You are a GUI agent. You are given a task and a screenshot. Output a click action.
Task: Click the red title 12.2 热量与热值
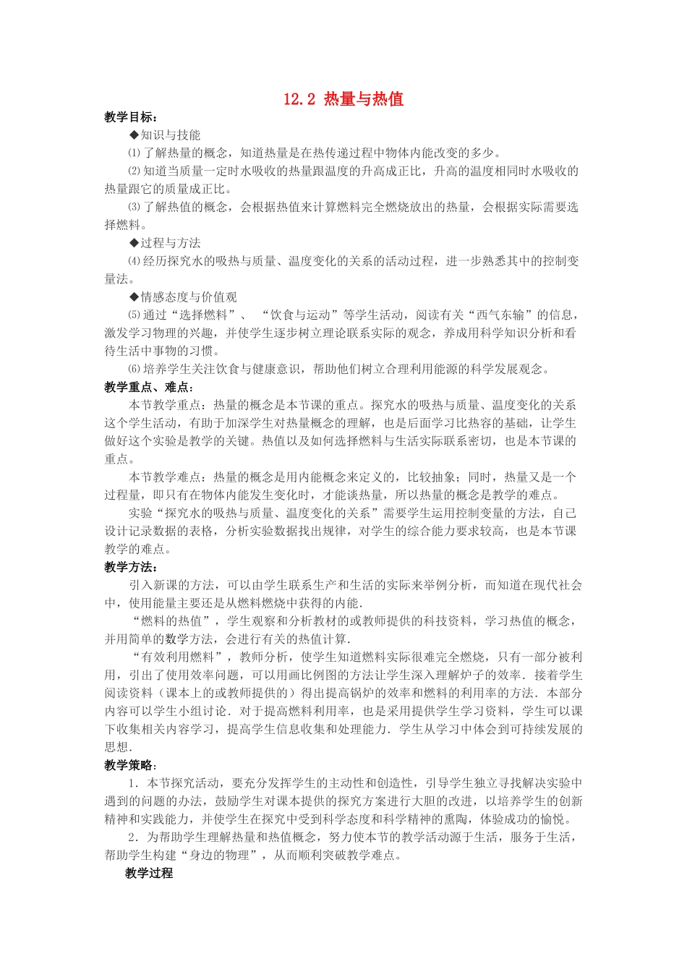point(343,99)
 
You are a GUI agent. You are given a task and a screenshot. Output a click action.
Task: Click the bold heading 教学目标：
point(131,117)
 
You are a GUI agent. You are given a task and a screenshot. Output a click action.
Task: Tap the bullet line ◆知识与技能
point(165,135)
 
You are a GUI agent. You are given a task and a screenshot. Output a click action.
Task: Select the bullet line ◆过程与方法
point(165,243)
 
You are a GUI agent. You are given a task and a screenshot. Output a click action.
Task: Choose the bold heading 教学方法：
point(131,567)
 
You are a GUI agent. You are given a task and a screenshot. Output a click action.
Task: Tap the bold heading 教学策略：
point(131,765)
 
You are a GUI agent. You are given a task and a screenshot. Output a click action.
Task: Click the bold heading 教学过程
point(149,873)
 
